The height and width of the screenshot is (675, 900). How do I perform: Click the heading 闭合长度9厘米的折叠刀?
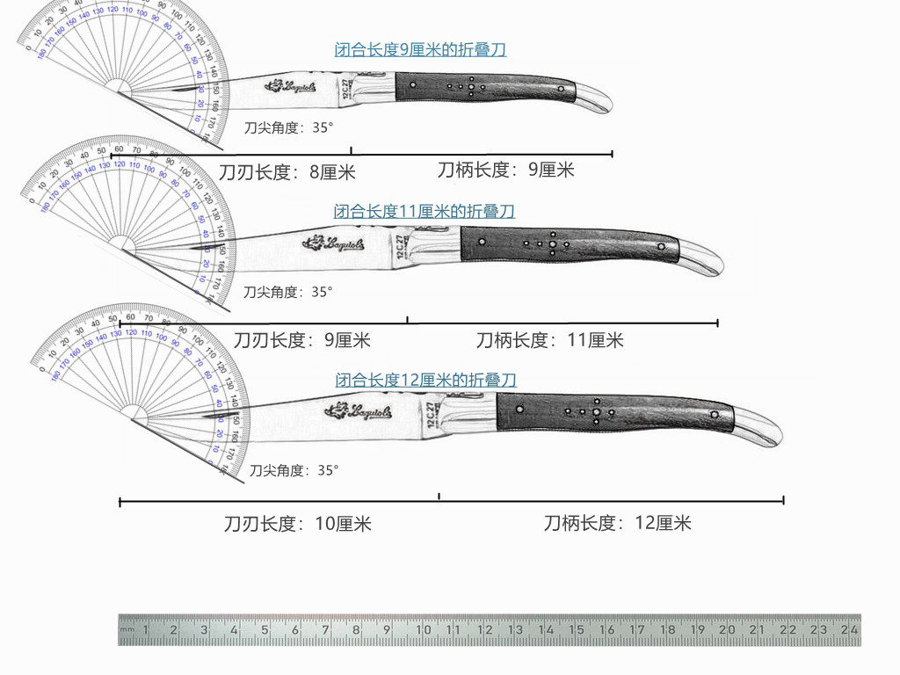click(x=420, y=50)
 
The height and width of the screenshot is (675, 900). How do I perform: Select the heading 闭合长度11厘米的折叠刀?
click(x=424, y=211)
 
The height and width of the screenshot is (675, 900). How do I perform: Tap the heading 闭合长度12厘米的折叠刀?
click(x=425, y=381)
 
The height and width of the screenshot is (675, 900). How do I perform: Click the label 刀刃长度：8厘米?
click(x=287, y=172)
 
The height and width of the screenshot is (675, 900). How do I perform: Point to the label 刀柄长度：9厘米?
click(x=505, y=170)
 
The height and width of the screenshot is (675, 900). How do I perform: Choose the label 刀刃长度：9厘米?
click(x=301, y=340)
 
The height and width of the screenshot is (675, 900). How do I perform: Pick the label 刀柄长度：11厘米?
click(x=549, y=340)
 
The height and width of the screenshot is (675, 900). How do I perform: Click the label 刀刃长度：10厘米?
click(x=298, y=525)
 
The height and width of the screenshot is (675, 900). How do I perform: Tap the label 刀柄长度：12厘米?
click(x=617, y=524)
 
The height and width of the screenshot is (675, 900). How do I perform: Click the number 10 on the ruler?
click(x=424, y=630)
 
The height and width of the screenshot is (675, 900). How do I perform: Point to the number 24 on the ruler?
click(x=848, y=630)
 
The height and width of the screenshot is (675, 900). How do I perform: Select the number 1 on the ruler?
click(x=146, y=630)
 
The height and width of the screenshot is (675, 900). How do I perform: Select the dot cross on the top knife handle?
click(x=471, y=87)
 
